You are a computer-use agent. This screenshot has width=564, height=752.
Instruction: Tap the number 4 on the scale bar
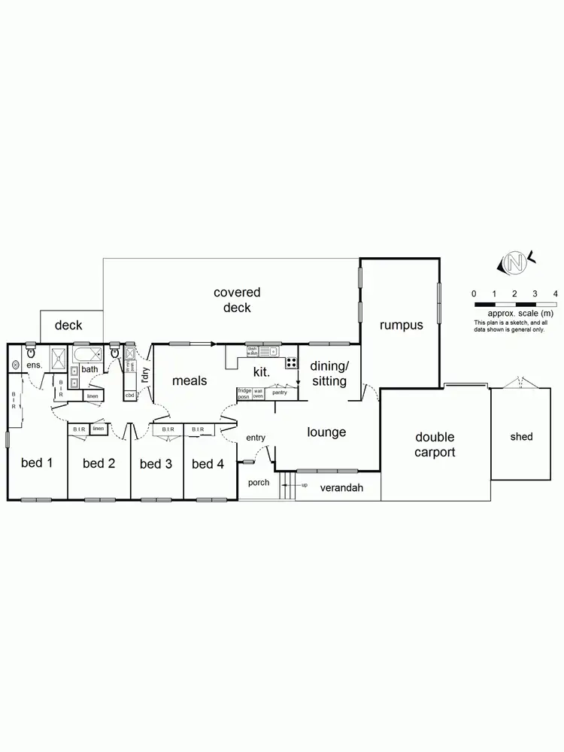click(555, 293)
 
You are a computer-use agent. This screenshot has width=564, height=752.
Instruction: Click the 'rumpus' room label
click(401, 326)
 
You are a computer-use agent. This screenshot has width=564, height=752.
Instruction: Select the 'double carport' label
click(435, 444)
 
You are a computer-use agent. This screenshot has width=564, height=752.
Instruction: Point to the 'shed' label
click(520, 437)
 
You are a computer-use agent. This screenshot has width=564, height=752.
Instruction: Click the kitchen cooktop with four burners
click(290, 362)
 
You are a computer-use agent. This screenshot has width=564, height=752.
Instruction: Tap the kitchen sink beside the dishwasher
click(268, 350)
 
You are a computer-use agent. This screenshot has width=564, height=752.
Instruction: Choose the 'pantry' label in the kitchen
click(280, 393)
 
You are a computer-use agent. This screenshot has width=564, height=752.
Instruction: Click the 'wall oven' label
click(258, 393)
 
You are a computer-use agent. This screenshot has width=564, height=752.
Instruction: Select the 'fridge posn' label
click(244, 393)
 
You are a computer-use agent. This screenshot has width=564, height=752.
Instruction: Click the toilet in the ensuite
click(31, 352)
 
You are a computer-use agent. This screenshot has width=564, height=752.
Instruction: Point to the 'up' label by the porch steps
click(304, 485)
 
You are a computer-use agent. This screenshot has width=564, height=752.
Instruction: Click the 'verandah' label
click(341, 488)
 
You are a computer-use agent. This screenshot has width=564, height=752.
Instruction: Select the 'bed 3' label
click(156, 464)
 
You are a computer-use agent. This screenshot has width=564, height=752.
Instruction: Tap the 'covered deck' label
click(237, 300)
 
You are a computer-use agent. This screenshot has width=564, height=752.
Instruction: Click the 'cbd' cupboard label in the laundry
click(129, 395)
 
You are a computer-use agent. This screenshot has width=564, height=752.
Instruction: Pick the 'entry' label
click(256, 438)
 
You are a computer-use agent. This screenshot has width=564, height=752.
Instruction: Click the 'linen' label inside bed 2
click(98, 429)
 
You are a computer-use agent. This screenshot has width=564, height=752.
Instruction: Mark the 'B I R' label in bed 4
click(198, 429)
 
